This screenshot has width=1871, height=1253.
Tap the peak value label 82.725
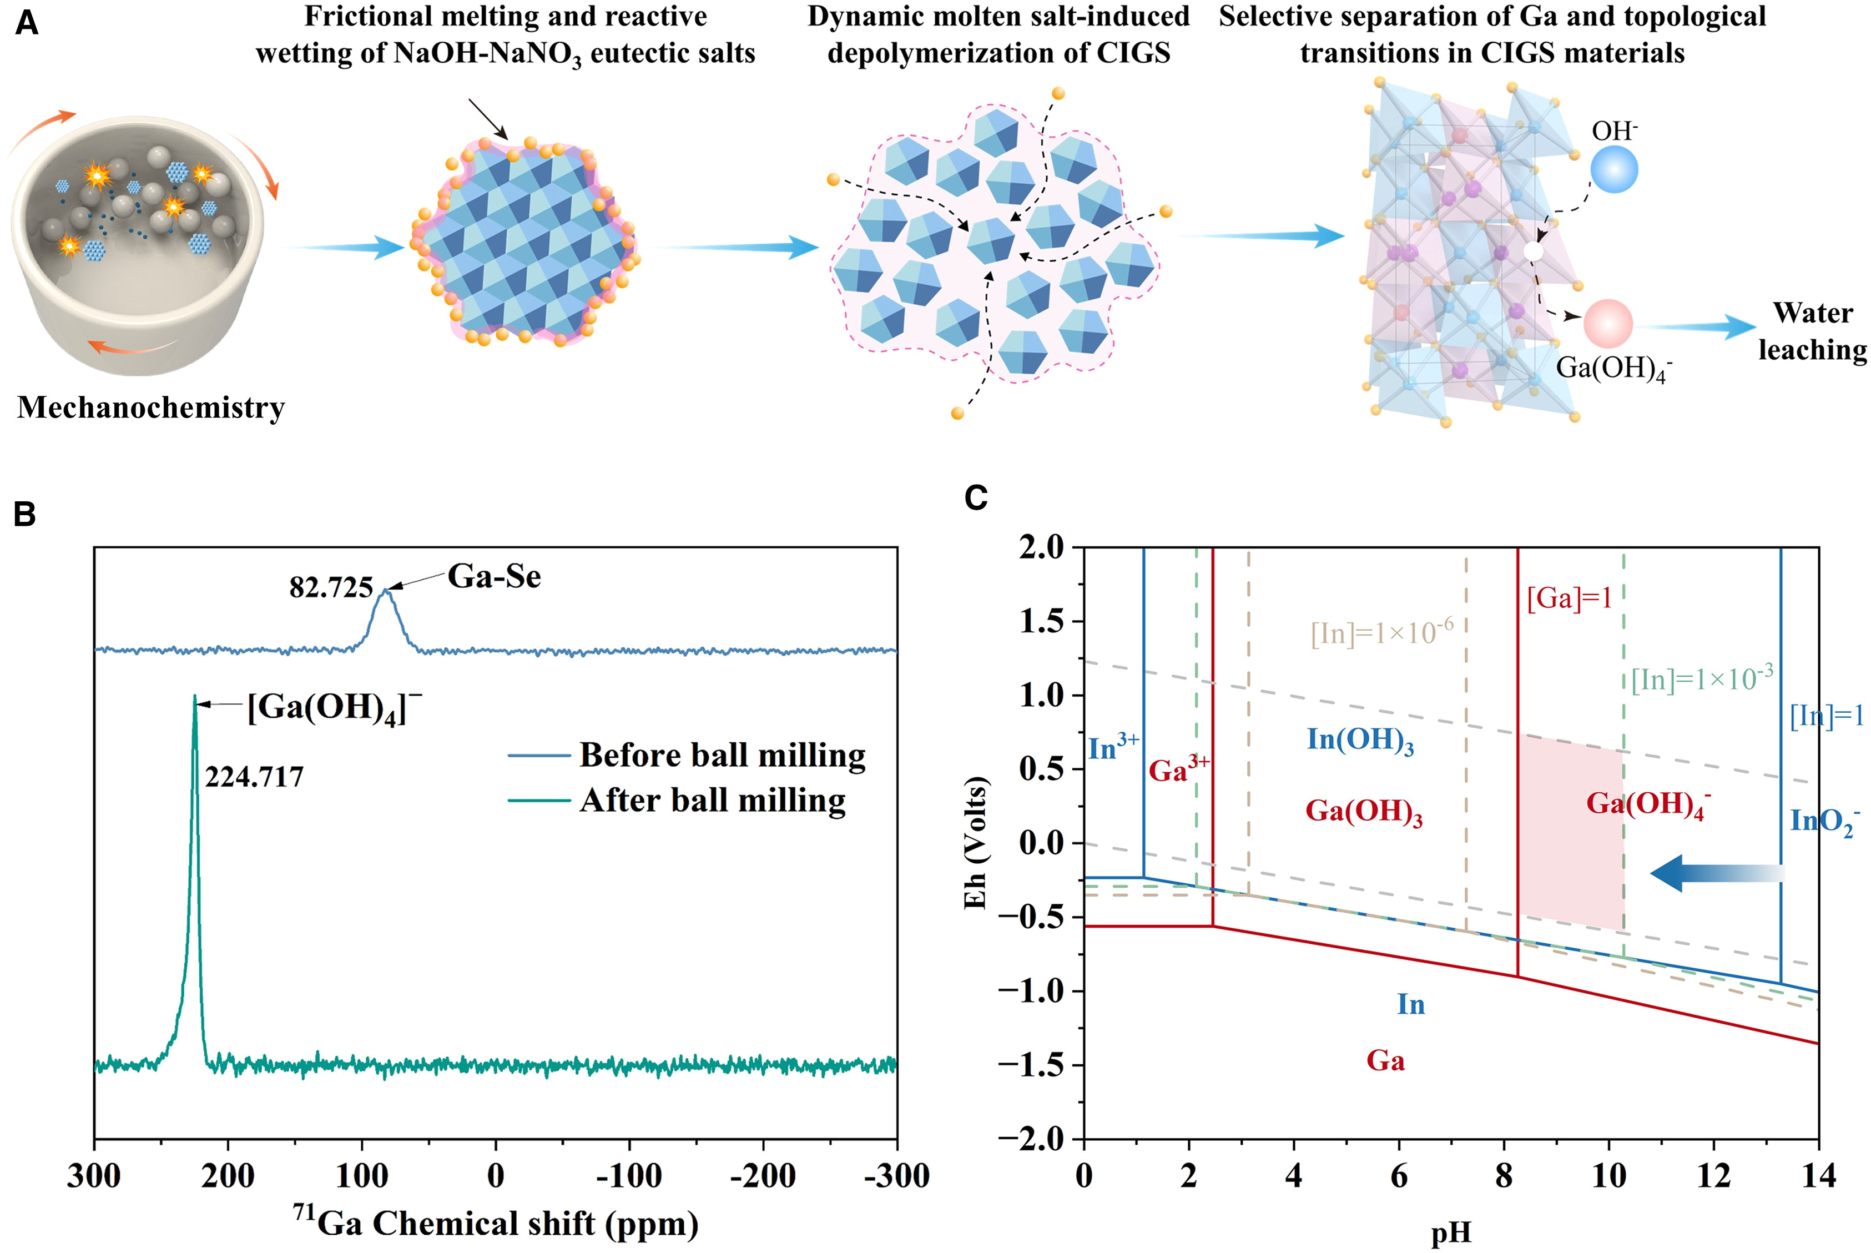point(331,587)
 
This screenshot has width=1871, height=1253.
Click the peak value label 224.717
point(254,777)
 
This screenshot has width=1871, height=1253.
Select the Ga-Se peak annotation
point(494,576)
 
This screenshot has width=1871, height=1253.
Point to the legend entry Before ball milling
point(722,755)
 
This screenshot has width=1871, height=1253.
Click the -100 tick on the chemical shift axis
point(629,1175)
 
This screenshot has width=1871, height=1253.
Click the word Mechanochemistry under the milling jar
point(151,407)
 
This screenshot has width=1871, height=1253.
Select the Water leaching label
point(1812,331)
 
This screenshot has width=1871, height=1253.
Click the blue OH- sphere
point(1614,169)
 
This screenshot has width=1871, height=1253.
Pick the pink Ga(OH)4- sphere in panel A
point(1607,323)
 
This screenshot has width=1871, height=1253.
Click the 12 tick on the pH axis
point(1713,1175)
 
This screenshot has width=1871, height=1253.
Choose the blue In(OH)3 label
point(1360,740)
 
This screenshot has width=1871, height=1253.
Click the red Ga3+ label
point(1178,769)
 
